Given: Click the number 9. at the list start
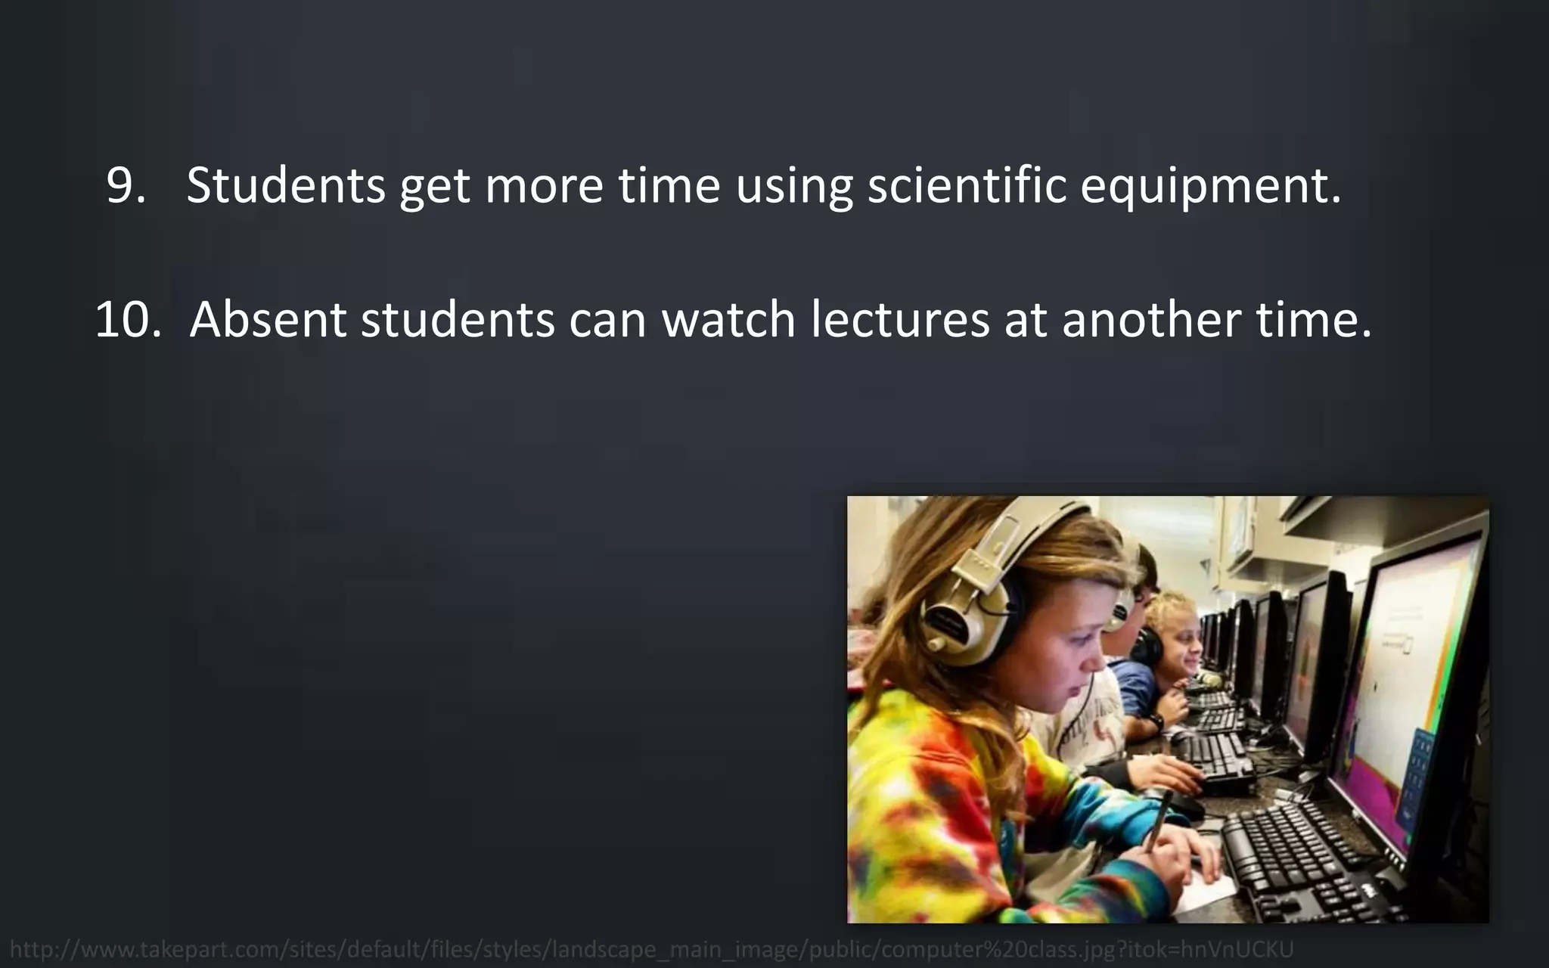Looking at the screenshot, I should coord(126,185).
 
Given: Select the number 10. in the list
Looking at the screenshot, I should coord(128,319).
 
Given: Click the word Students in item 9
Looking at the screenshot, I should coord(286,185).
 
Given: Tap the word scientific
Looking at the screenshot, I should coord(967,185).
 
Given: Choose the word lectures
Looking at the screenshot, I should coord(900,319).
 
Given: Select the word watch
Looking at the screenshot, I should coord(728,319).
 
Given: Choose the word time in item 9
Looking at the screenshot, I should coord(669,185).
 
